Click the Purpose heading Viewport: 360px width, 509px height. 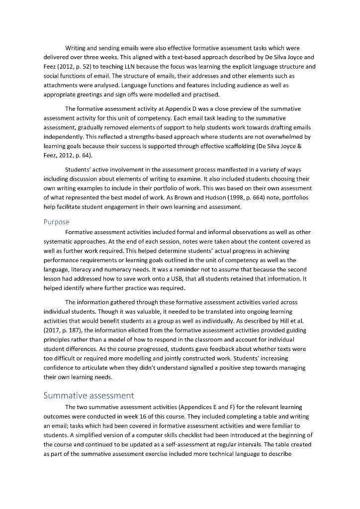tap(56, 222)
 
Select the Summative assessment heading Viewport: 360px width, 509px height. tap(89, 396)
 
